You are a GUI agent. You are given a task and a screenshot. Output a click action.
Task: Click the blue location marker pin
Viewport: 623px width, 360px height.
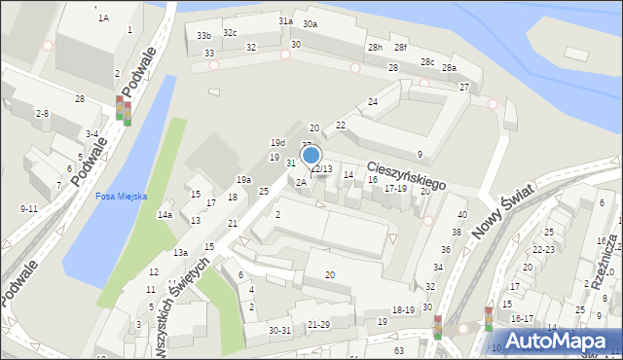pos(311,156)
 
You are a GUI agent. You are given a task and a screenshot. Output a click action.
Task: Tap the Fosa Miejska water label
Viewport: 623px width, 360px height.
pos(121,196)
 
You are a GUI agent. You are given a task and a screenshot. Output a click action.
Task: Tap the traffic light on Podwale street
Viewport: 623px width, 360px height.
pos(123,109)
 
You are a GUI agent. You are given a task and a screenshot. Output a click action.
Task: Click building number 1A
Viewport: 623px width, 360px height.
pos(102,18)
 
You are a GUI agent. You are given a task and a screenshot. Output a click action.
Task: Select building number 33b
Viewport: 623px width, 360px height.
pos(203,36)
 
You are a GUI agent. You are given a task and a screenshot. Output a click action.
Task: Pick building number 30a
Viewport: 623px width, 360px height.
pos(310,23)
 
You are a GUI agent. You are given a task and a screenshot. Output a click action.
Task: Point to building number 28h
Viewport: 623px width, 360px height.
pos(374,48)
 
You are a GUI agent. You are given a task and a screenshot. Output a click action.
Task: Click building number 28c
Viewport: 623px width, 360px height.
pos(427,61)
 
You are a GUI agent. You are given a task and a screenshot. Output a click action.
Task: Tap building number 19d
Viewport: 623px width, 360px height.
pos(277,142)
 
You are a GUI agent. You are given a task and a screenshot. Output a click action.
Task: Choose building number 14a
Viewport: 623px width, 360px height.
pos(165,215)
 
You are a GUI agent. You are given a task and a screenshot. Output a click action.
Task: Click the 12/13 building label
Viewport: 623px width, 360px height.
pos(322,169)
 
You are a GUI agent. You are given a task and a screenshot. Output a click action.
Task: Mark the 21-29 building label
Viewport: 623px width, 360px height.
pos(318,324)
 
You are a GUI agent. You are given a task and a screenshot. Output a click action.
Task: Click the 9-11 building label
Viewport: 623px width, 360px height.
pos(29,208)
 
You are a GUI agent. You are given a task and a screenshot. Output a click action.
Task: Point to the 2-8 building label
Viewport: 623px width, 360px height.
pos(42,114)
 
